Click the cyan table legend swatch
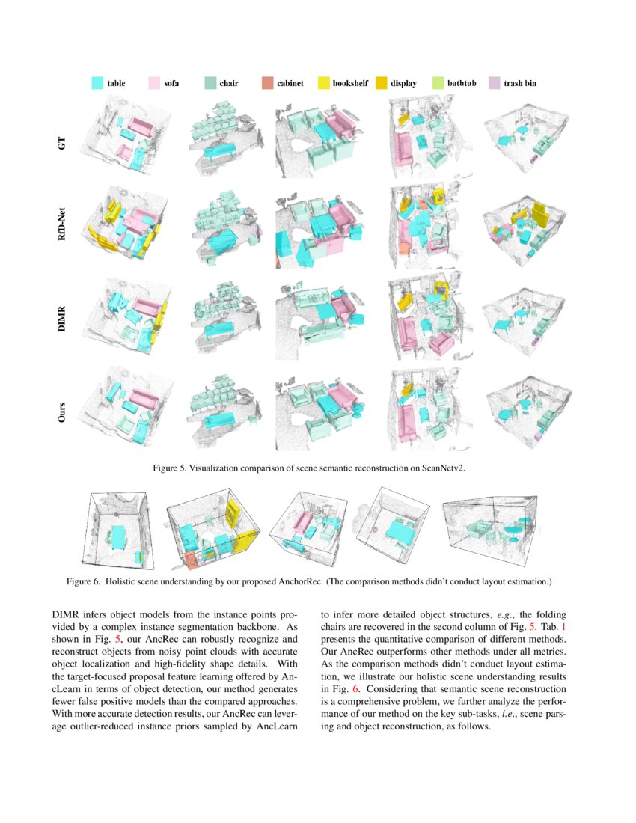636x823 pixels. click(x=97, y=83)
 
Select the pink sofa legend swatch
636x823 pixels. click(x=155, y=83)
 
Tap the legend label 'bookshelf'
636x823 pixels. click(x=350, y=83)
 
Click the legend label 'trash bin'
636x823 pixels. click(x=519, y=83)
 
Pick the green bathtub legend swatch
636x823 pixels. click(x=438, y=83)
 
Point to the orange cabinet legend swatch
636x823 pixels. click(x=267, y=83)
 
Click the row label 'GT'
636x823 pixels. click(x=63, y=142)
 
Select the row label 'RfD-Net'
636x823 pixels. click(x=63, y=228)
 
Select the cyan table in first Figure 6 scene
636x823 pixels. click(x=119, y=535)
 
